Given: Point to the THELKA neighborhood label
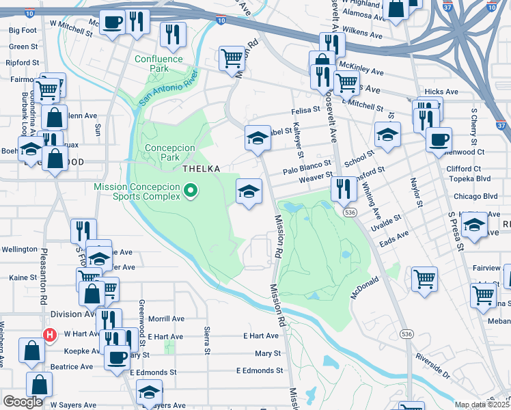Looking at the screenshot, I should tap(199, 168).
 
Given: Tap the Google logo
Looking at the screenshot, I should tap(23, 402).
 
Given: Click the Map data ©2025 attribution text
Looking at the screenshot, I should tap(482, 405).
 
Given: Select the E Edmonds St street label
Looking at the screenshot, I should tap(259, 370).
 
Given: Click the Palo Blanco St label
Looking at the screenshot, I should tap(308, 164).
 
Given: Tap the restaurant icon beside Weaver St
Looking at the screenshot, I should tap(344, 188).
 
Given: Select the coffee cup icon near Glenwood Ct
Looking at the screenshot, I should tap(439, 139).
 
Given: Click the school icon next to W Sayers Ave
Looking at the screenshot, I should tap(149, 392).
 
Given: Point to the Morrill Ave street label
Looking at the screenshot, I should tap(167, 318).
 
